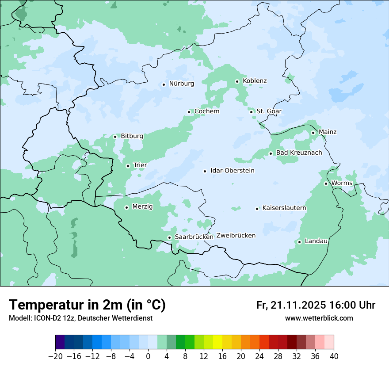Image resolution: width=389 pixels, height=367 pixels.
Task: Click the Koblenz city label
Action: (x=255, y=81)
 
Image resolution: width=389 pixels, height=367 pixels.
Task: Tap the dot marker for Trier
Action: (x=128, y=166)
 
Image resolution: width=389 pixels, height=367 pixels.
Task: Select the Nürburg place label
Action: (x=181, y=84)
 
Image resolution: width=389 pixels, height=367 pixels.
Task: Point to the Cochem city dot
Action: (x=189, y=112)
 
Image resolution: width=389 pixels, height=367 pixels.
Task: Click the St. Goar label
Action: (x=269, y=111)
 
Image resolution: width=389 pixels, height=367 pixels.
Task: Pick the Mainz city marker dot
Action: (x=313, y=133)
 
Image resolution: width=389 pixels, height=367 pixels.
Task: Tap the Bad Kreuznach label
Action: (x=299, y=153)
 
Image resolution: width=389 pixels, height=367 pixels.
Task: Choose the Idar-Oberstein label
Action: (x=232, y=171)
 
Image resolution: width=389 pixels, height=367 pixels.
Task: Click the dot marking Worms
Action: (x=326, y=183)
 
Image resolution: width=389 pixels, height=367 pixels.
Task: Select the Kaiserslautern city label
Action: (x=284, y=208)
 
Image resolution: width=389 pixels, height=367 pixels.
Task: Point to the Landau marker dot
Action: (x=299, y=241)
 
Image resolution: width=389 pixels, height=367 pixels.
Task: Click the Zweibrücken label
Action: (x=236, y=236)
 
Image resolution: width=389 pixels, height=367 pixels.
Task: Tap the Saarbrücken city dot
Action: (x=169, y=237)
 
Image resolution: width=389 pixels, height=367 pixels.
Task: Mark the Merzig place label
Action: (x=142, y=206)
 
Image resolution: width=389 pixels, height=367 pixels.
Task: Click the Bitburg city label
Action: (x=132, y=136)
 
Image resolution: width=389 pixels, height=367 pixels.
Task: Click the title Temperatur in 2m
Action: (x=87, y=305)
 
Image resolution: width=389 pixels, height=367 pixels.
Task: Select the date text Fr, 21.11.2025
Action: (x=291, y=305)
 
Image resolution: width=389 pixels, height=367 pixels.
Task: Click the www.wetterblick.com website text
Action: (x=319, y=318)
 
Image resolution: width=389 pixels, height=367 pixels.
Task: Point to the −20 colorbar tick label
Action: (x=56, y=356)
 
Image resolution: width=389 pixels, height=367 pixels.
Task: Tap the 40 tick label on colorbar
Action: (x=334, y=356)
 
